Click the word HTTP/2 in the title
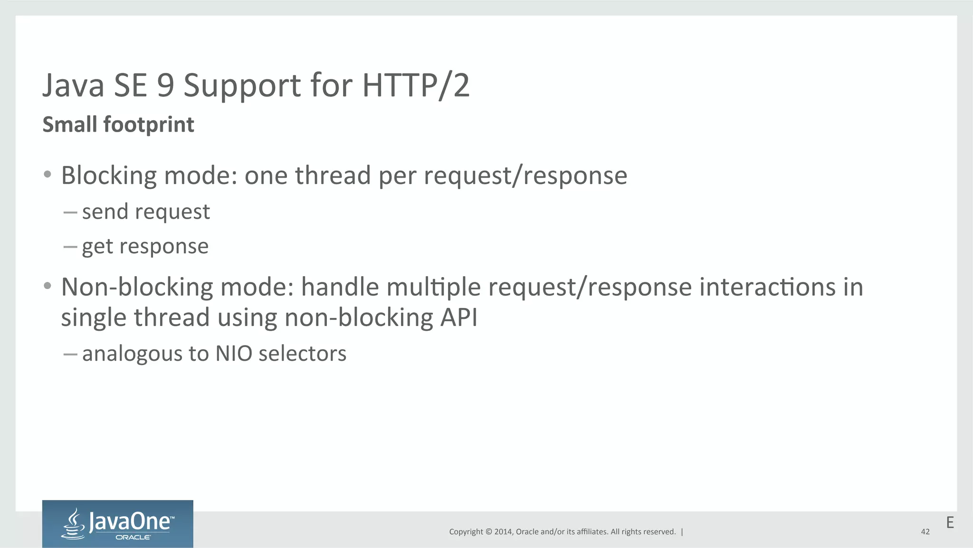(416, 86)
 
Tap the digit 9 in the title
(165, 86)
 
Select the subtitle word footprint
(149, 125)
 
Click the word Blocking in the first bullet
(109, 176)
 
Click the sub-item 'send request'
(146, 212)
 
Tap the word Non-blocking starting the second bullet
(137, 287)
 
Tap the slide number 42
(925, 532)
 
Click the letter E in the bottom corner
(950, 522)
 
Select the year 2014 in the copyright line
(503, 532)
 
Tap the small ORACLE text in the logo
(133, 538)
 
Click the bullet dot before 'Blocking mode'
(47, 175)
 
